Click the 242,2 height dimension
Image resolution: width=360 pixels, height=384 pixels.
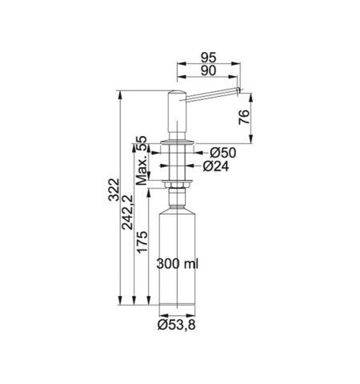coord(128,225)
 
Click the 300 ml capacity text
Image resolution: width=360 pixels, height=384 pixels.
coord(178,263)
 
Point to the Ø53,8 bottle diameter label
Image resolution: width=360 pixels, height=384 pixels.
coord(176,326)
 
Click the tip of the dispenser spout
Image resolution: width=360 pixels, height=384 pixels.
coord(239,93)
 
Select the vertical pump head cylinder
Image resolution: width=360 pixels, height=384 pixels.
coord(175,116)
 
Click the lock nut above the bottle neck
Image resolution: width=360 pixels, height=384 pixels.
coord(175,186)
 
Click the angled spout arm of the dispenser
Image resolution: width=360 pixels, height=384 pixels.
coord(212,93)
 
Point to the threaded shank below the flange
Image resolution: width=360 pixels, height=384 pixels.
coord(175,164)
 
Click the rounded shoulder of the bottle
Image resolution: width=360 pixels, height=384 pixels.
coord(175,206)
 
